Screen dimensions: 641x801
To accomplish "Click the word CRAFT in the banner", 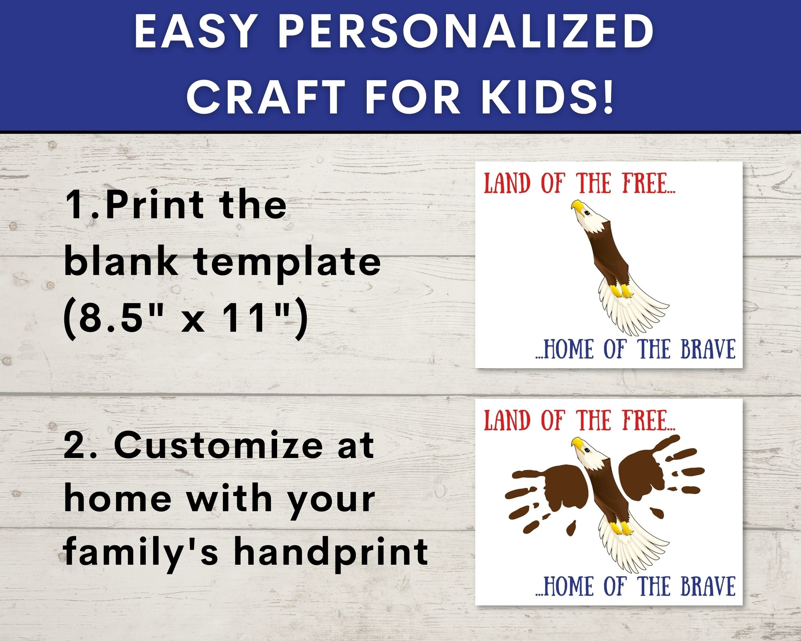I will click(264, 98).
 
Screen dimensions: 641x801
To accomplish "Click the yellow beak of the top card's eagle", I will click(577, 205).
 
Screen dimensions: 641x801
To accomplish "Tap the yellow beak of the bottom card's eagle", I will click(577, 443).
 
